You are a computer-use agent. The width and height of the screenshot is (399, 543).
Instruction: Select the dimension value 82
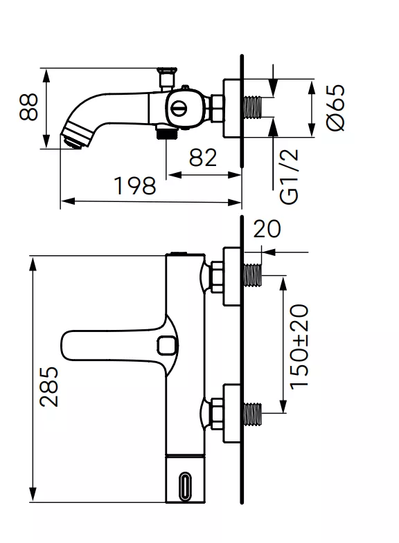(202, 158)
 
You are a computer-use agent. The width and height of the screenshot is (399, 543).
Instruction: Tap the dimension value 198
(136, 185)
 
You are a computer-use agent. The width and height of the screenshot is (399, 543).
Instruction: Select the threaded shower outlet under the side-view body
(165, 133)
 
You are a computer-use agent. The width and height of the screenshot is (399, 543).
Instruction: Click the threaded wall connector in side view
(255, 108)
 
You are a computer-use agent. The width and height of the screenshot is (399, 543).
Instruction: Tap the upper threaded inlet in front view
(254, 275)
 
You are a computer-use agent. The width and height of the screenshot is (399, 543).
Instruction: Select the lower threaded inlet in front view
(254, 414)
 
